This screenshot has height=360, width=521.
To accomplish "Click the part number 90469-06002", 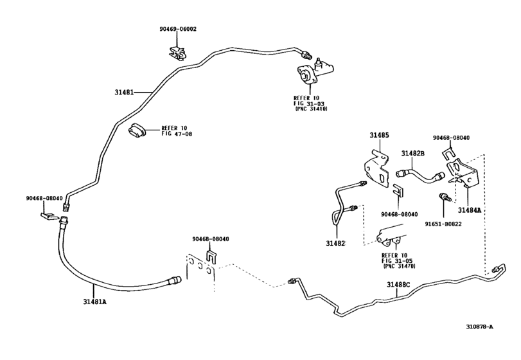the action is [178, 29].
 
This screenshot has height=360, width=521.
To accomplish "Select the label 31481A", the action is [94, 302].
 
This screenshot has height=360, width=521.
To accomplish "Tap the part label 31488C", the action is [398, 285].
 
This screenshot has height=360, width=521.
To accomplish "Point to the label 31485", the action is [379, 135].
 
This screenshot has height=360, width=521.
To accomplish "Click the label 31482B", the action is [413, 153].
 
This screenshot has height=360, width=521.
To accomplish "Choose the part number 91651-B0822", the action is [443, 224].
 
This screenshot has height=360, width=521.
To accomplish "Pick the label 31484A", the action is [470, 210].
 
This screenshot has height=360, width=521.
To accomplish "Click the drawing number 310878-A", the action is [479, 327].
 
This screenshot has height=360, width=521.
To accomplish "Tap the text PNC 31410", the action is [311, 109].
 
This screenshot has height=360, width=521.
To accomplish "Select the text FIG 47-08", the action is [177, 134].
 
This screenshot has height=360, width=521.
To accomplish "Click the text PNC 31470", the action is [400, 266].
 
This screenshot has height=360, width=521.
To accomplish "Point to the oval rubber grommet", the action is [137, 131].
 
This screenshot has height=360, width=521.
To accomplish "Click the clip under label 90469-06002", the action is [177, 53].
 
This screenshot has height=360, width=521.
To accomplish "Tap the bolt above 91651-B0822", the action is [445, 197].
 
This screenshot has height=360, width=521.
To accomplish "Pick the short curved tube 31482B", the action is [420, 175].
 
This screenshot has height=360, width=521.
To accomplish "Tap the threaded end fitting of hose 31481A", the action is [175, 281].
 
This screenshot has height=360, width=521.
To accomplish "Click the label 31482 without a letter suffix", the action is [335, 244].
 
